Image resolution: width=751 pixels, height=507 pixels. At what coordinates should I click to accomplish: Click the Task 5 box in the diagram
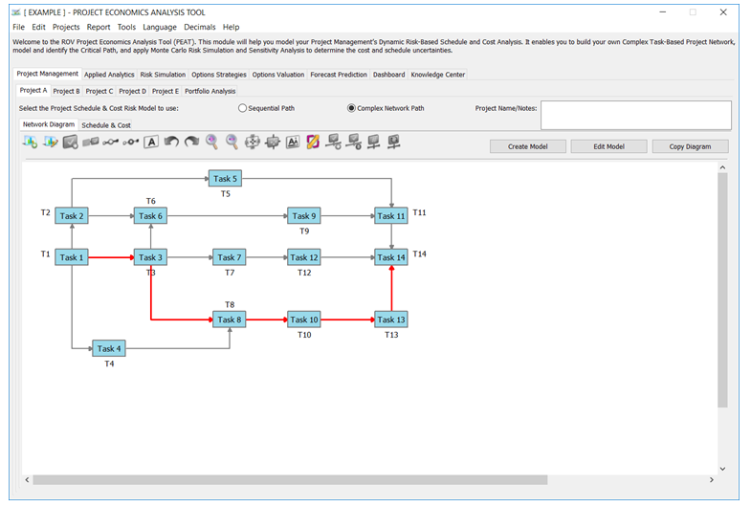point(225,179)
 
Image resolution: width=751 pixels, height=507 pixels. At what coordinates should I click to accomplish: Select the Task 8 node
point(230,320)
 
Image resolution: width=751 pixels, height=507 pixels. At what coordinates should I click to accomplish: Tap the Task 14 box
point(391,257)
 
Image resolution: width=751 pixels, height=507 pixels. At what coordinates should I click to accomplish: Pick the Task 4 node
point(109,348)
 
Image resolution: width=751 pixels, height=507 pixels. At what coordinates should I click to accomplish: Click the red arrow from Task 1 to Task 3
point(111,257)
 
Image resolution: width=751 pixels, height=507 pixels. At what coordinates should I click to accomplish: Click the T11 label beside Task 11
point(419,212)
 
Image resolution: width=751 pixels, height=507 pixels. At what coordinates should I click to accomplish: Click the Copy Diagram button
point(690,146)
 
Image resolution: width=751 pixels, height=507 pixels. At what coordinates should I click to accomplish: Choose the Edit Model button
point(608,146)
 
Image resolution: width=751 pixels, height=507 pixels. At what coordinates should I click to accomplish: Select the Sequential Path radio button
point(242,108)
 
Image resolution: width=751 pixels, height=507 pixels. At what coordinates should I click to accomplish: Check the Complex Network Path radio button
point(351,108)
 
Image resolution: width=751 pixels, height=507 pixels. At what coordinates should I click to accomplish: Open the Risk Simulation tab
point(163,75)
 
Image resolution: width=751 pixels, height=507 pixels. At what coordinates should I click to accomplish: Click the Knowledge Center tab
point(438,75)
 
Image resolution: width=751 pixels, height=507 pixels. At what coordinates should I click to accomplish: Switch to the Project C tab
point(99,91)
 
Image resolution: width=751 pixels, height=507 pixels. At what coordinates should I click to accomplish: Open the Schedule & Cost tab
point(106,125)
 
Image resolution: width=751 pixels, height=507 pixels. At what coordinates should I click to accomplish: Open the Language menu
point(160,28)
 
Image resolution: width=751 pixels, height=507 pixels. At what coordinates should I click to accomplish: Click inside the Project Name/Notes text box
point(636,115)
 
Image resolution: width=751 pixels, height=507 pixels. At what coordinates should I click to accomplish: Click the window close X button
point(723,12)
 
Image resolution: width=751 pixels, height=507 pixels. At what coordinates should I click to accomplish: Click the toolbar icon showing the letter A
point(151,143)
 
